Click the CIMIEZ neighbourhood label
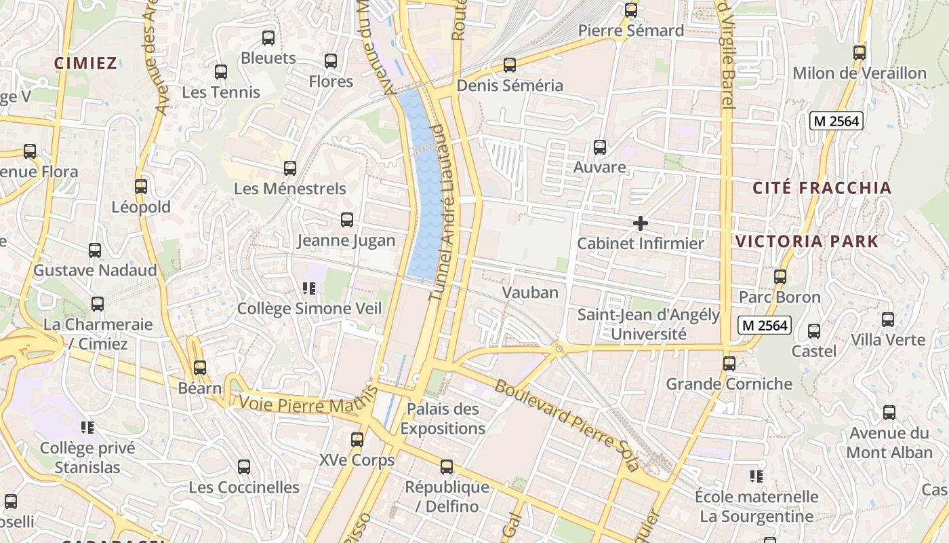(x=85, y=63)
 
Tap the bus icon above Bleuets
(x=268, y=38)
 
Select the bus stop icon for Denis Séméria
(x=510, y=65)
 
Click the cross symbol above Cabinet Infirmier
(x=640, y=223)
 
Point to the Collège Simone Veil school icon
(x=309, y=289)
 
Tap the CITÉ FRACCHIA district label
(x=822, y=188)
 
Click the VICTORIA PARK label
(x=807, y=241)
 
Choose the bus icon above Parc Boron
(x=780, y=277)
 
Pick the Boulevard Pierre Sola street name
(x=567, y=425)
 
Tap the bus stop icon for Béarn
(x=199, y=368)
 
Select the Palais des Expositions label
(x=443, y=419)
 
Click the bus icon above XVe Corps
(x=357, y=440)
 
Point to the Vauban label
(x=530, y=293)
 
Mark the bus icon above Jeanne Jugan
(x=347, y=220)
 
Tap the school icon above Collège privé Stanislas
(x=87, y=428)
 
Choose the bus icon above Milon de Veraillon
(x=860, y=52)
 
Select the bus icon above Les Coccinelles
(x=244, y=467)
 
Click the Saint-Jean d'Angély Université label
(x=649, y=324)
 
